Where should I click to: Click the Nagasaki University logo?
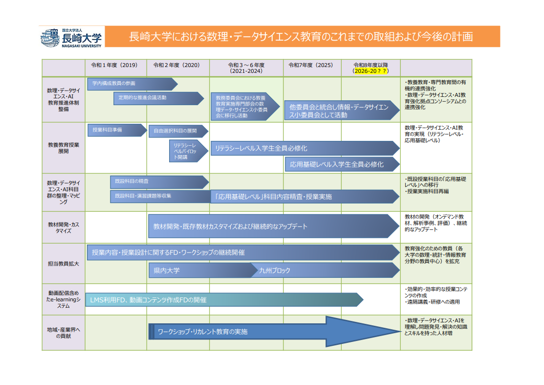click(72, 38)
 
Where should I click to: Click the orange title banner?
click(302, 37)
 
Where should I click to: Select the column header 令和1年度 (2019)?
click(114, 65)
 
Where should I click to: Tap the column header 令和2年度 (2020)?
click(176, 65)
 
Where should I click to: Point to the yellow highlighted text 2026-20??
click(370, 71)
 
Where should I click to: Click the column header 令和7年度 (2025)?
click(311, 65)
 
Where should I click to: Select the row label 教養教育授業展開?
click(64, 148)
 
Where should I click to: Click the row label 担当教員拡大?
click(64, 264)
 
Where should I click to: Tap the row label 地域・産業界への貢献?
click(64, 333)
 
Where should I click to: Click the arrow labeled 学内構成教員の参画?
click(132, 84)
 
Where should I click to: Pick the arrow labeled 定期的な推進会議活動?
click(158, 98)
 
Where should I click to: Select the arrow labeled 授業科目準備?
click(117, 130)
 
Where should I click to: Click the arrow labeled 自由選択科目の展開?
click(178, 131)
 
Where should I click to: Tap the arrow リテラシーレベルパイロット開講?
click(189, 151)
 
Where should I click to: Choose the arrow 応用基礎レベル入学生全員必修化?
click(342, 164)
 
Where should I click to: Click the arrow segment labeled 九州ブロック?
click(325, 271)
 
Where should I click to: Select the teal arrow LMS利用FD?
click(224, 300)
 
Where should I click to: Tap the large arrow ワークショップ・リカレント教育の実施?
click(275, 332)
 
